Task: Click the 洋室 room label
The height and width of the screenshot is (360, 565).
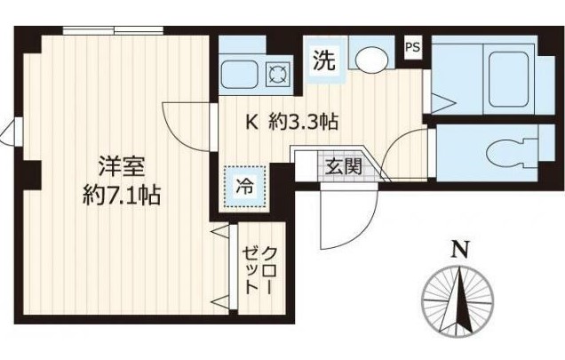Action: coord(115,166)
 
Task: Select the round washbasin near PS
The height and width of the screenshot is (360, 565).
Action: coord(370,60)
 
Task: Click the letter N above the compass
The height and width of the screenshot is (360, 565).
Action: coord(459,250)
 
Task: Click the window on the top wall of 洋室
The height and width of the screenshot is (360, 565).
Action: coord(113,31)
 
